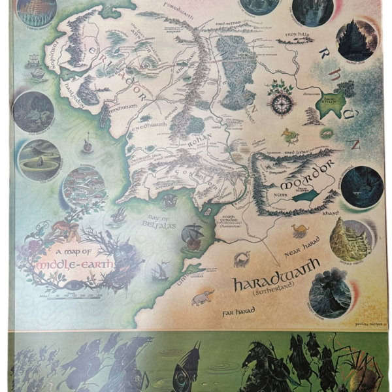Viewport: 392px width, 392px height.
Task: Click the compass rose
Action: tap(282, 103)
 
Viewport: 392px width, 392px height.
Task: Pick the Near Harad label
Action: tap(301, 251)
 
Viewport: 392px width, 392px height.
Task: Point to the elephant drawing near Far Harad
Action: tap(203, 298)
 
